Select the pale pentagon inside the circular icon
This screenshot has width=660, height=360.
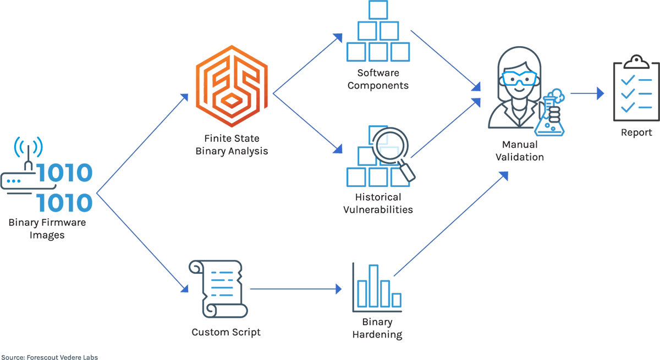tap(389, 145)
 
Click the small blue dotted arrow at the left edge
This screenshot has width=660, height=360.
tap(13, 180)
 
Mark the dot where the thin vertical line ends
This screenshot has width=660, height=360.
tap(29, 147)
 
